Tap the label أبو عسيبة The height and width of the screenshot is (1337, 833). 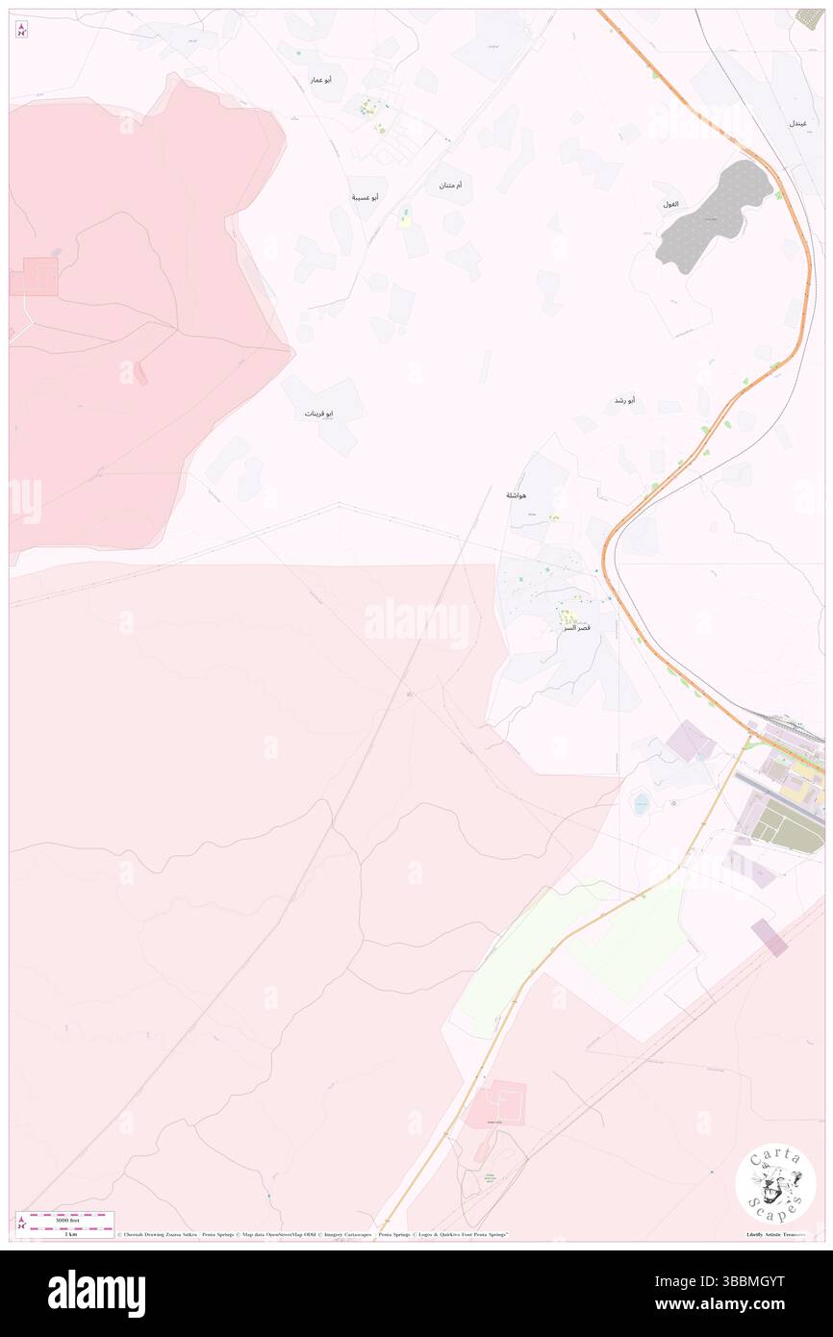365,197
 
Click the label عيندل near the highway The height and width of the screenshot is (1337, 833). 798,124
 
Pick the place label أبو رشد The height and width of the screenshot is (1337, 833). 624,399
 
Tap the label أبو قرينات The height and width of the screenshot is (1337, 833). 319,414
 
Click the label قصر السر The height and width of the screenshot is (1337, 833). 577,627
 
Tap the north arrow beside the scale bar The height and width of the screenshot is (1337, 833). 21,1223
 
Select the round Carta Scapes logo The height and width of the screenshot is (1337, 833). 775,1184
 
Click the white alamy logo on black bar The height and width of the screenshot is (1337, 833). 96,1293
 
